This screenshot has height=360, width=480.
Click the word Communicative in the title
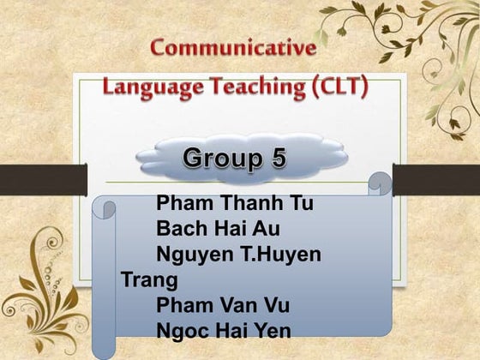(232, 47)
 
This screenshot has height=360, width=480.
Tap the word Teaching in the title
(243, 87)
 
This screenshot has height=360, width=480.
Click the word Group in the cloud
(219, 158)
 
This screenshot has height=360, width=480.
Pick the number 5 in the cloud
(275, 158)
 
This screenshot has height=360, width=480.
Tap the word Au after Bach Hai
(266, 229)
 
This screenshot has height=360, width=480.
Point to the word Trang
(149, 279)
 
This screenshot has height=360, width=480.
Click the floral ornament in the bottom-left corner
(47, 291)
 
